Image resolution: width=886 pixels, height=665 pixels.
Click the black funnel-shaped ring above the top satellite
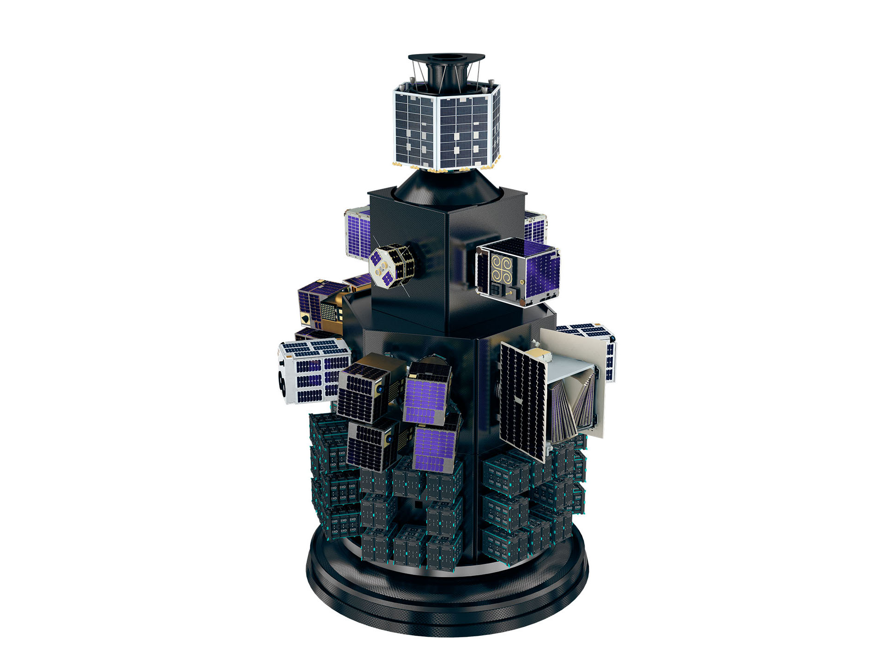click(x=446, y=59)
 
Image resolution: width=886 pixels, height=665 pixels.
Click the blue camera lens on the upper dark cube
click(x=380, y=390)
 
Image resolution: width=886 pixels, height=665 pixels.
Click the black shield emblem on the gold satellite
click(x=305, y=319)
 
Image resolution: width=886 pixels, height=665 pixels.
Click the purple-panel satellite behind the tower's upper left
click(x=358, y=231)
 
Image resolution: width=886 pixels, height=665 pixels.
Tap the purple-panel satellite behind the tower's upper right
click(x=535, y=226)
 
